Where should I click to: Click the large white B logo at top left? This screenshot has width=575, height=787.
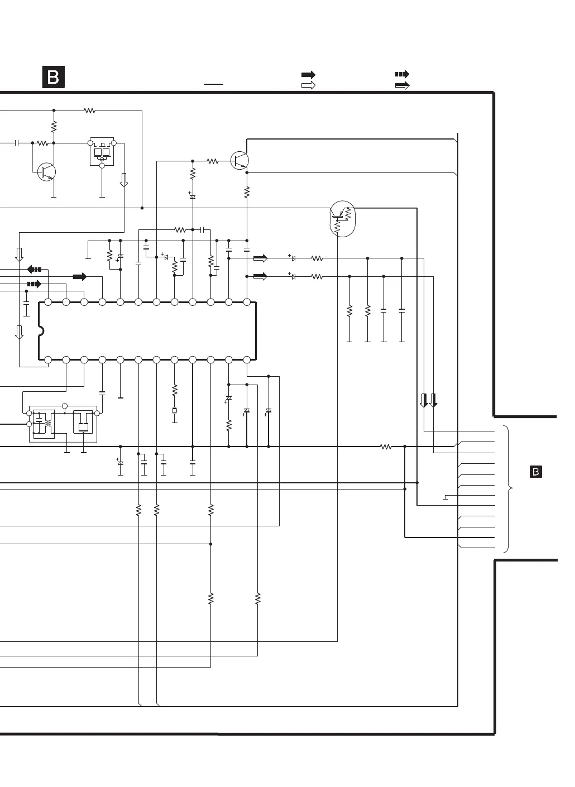[54, 77]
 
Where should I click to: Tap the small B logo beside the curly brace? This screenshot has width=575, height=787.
[535, 472]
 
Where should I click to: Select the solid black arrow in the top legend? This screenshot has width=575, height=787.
[308, 75]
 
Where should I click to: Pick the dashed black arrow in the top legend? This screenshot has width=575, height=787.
[402, 74]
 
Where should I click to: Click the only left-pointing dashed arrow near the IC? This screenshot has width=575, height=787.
[35, 269]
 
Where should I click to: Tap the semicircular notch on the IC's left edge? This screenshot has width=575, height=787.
[40, 331]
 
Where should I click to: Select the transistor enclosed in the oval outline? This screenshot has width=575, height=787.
[342, 218]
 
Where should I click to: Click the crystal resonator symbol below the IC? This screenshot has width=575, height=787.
[174, 411]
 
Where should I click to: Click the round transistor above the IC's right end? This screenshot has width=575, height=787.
[240, 161]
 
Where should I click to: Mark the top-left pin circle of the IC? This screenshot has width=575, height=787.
[48, 302]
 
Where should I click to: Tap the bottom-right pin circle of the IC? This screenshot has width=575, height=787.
[247, 360]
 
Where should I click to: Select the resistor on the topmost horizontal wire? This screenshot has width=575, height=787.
[89, 111]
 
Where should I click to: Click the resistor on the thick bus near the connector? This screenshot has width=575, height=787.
[386, 447]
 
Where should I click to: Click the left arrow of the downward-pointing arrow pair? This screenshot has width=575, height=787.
[424, 400]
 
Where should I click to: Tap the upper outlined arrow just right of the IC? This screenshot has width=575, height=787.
[260, 258]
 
